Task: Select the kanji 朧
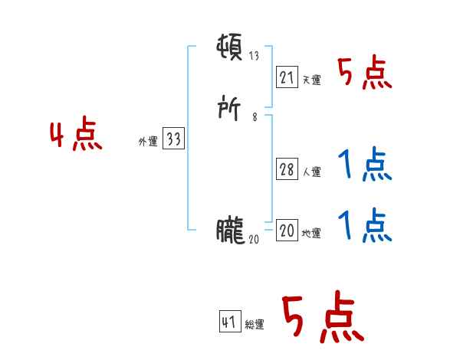231,231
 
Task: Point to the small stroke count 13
255,56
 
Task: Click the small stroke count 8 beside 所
255,117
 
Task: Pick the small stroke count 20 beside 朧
255,239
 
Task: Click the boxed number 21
287,77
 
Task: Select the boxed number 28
287,170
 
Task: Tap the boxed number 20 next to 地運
287,231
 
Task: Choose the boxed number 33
173,139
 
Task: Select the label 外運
147,142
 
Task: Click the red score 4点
76,136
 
